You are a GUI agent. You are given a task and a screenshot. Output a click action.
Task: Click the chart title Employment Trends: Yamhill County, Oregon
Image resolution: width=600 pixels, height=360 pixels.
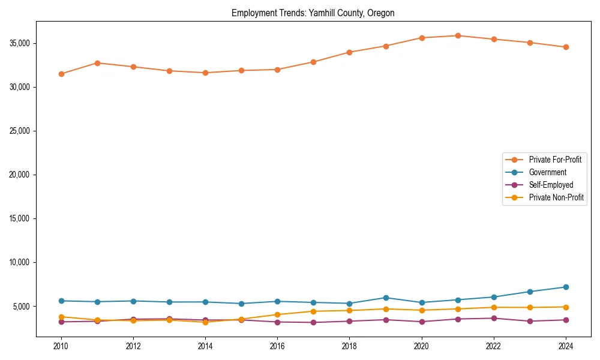click(x=313, y=13)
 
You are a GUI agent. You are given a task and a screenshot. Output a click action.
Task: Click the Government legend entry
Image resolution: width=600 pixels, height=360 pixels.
click(x=547, y=172)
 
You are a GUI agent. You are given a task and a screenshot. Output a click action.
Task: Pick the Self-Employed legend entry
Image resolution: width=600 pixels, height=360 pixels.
click(x=551, y=185)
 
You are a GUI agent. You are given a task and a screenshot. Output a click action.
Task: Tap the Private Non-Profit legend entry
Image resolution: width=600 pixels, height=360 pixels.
click(x=556, y=197)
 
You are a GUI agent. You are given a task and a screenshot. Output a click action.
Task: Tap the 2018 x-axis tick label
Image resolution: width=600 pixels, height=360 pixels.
click(x=349, y=346)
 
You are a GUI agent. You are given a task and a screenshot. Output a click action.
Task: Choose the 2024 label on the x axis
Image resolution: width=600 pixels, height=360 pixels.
click(x=566, y=346)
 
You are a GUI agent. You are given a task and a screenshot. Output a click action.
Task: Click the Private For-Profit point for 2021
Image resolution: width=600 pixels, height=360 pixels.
click(x=458, y=35)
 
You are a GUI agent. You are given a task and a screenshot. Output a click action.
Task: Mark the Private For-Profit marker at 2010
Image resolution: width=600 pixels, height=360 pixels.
click(x=61, y=74)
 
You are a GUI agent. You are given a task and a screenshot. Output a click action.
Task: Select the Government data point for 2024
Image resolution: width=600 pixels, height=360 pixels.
click(x=566, y=287)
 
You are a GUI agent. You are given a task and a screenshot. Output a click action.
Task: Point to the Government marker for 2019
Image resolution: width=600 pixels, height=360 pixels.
click(x=386, y=298)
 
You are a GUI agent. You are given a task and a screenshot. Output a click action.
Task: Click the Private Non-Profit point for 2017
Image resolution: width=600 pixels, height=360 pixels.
click(x=313, y=311)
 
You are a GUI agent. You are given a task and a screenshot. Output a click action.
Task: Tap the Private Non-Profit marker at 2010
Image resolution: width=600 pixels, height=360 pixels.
click(x=61, y=317)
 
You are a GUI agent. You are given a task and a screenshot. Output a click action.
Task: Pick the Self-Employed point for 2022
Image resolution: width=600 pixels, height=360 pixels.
click(x=494, y=318)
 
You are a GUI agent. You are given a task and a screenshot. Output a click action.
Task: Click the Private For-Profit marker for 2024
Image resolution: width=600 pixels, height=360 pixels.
click(x=566, y=47)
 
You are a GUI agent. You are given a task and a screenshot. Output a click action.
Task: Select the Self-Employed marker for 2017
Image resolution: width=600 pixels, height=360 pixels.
click(x=313, y=322)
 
